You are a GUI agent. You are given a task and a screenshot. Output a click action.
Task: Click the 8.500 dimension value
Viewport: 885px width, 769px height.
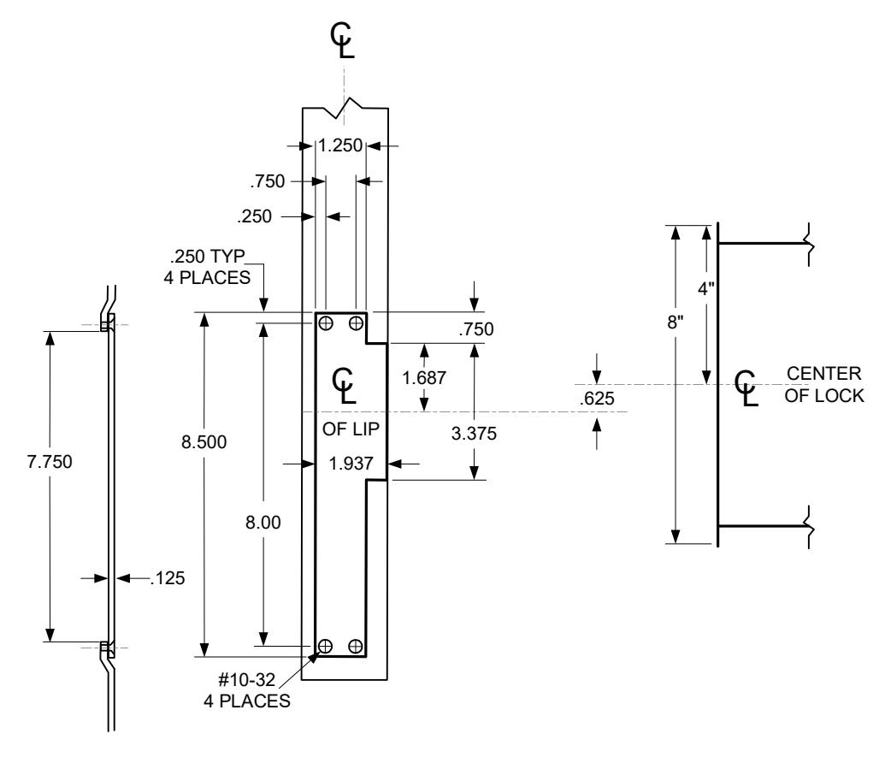tap(204, 441)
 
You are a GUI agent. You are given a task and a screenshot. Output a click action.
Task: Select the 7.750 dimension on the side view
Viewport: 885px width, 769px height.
tap(50, 461)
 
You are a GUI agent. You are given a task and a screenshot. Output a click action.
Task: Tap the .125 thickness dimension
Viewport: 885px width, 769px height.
tap(168, 577)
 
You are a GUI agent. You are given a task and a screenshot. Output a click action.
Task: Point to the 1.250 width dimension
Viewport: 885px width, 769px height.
tap(340, 145)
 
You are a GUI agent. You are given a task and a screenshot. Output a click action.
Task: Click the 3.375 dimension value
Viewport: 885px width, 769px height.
tap(474, 433)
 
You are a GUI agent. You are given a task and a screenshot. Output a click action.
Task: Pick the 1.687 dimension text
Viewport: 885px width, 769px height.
tap(424, 377)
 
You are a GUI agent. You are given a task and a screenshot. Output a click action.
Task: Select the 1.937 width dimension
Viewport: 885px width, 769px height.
tap(351, 463)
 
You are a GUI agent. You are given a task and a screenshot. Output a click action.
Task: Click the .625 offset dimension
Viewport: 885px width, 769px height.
tap(597, 398)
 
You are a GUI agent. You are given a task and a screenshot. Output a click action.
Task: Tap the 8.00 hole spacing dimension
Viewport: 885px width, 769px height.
tap(263, 523)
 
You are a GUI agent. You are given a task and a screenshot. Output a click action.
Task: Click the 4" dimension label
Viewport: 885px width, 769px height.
tap(705, 288)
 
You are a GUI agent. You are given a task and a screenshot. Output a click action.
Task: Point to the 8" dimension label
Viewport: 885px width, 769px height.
tap(676, 322)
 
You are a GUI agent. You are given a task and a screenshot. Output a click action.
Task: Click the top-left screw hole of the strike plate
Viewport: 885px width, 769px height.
tap(326, 323)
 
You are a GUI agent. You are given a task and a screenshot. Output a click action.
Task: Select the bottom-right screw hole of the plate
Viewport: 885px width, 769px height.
tap(355, 646)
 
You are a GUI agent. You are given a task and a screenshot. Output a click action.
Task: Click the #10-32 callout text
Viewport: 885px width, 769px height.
tap(247, 679)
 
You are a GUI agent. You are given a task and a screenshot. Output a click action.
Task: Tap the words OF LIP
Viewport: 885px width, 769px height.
tap(351, 429)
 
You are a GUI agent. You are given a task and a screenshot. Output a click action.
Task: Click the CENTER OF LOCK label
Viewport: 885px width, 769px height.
tap(824, 385)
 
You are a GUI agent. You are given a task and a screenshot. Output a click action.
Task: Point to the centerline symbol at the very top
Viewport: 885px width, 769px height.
tap(343, 41)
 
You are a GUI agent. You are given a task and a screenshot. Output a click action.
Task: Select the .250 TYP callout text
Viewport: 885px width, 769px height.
tap(208, 257)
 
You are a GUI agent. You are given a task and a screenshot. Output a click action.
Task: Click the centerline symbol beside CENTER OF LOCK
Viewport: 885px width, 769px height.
tap(746, 388)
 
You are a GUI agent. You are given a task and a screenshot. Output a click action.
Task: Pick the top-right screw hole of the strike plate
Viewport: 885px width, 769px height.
tap(356, 323)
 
